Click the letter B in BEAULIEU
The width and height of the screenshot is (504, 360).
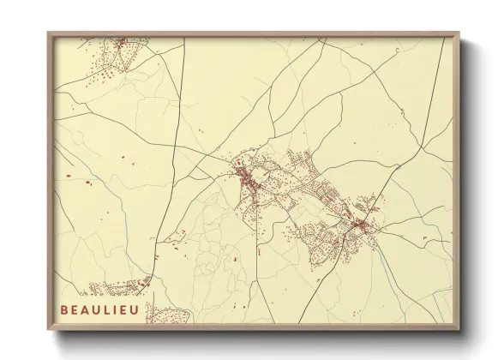pyautogui.click(x=64, y=306)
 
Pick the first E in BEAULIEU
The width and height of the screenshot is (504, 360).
pyautogui.click(x=75, y=306)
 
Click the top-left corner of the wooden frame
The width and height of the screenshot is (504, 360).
pyautogui.click(x=48, y=33)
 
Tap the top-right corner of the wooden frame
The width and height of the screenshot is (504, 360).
pyautogui.click(x=460, y=33)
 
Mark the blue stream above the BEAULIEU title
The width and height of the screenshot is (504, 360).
pyautogui.click(x=86, y=257)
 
